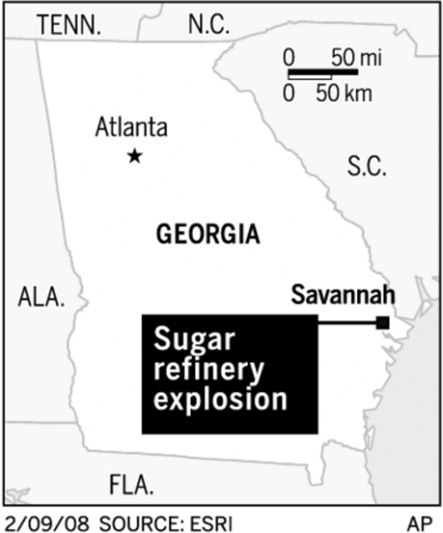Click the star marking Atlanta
(x=135, y=157)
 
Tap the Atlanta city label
(x=131, y=128)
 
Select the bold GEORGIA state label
(x=207, y=235)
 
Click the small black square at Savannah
(x=383, y=323)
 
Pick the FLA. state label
(x=131, y=485)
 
